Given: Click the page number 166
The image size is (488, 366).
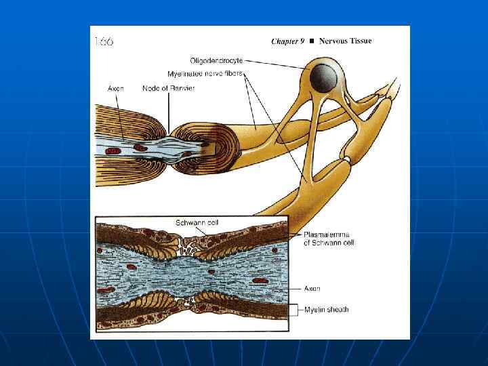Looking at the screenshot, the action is [x=104, y=41].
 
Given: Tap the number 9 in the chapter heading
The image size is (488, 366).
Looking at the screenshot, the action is [x=303, y=41].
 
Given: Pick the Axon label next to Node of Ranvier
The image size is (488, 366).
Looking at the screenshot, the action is [x=116, y=88].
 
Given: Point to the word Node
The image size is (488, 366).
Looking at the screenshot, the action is [x=151, y=88].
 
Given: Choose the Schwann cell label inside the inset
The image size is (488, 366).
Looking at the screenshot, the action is [x=197, y=222].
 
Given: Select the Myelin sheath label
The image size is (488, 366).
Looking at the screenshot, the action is [x=326, y=310].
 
